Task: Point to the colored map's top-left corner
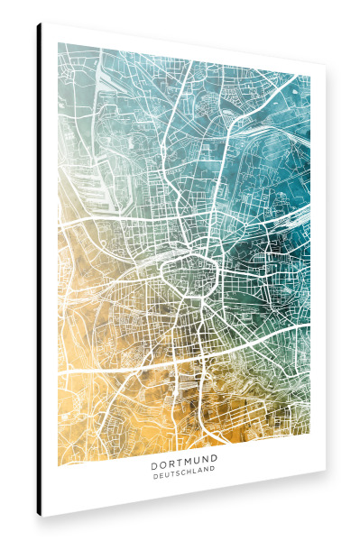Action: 59,42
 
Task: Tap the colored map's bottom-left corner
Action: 59,466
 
